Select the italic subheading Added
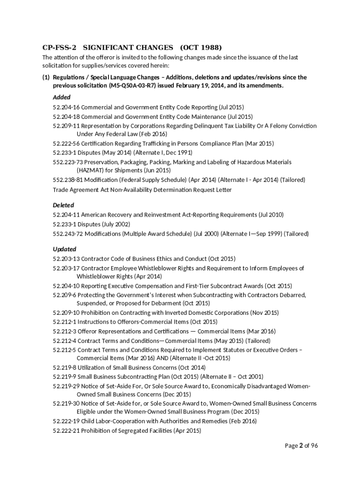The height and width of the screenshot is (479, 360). coord(62,97)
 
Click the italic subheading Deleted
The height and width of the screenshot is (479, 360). coord(64,205)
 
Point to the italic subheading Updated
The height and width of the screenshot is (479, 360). coord(65,249)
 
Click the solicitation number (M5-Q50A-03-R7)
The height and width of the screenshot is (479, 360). coord(132,86)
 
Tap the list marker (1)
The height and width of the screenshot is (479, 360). coord(46,77)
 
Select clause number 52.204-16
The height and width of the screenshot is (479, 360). coord(66,107)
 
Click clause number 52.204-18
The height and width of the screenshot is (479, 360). coord(66,116)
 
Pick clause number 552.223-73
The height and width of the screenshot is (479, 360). coord(68,162)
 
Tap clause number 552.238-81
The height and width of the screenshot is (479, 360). coord(68,180)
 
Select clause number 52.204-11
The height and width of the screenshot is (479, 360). coord(66,215)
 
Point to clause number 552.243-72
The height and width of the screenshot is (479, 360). coord(68,233)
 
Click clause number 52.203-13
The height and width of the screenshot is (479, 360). coord(66,259)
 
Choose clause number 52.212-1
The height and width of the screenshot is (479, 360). coord(65,322)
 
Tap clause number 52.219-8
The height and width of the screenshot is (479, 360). coord(65,368)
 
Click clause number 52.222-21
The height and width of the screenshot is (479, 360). coord(66,430)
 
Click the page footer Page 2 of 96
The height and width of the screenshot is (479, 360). coord(302,446)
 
